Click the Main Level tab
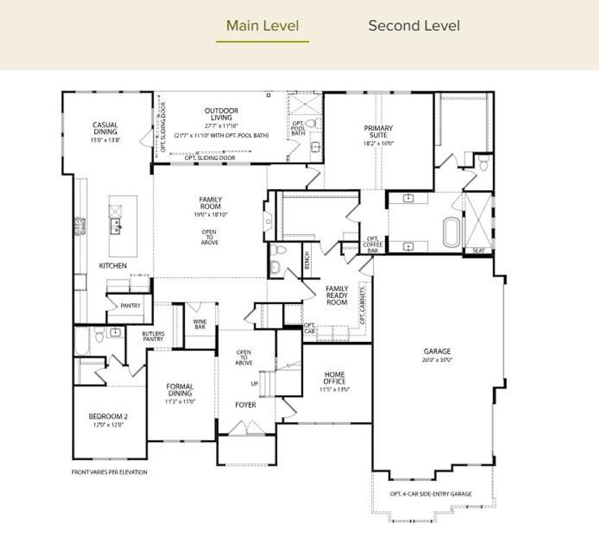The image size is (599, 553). (262, 26)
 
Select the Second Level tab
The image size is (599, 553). (413, 26)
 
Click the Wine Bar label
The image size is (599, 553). (200, 324)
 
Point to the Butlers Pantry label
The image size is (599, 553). (153, 337)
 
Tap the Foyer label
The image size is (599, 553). (246, 405)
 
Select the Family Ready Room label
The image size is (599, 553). (337, 295)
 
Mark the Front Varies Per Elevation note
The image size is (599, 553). (109, 472)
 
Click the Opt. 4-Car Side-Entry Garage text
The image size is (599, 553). (431, 494)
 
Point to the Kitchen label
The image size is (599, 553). (113, 266)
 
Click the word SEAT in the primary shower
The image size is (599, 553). (478, 251)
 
